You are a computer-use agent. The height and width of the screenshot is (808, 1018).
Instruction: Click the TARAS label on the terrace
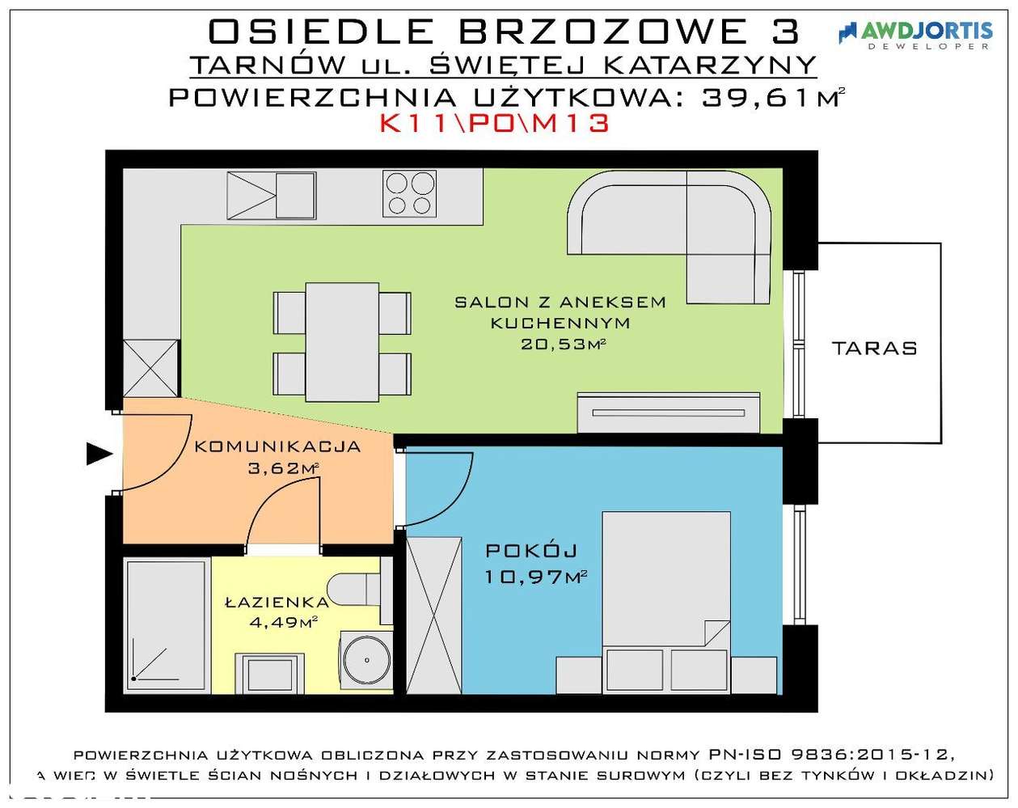pyautogui.click(x=874, y=349)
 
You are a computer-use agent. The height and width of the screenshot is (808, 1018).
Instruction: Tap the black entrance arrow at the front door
pyautogui.click(x=99, y=455)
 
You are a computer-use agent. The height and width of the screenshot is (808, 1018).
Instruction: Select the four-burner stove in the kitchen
pyautogui.click(x=408, y=193)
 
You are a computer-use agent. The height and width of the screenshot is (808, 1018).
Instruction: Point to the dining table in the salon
pyautogui.click(x=342, y=342)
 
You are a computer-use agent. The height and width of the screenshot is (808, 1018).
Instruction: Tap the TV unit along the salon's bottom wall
pyautogui.click(x=668, y=412)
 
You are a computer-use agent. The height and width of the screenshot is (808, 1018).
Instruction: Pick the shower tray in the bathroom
pyautogui.click(x=166, y=625)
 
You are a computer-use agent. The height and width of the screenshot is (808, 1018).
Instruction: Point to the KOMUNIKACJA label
pyautogui.click(x=277, y=446)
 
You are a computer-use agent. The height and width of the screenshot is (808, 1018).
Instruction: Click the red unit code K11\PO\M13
pyautogui.click(x=494, y=124)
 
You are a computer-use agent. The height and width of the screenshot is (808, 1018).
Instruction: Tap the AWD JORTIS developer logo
pyautogui.click(x=915, y=33)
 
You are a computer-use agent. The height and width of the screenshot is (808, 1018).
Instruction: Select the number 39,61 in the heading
pyautogui.click(x=755, y=97)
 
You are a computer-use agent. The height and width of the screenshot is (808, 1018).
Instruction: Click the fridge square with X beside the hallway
pyautogui.click(x=150, y=368)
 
